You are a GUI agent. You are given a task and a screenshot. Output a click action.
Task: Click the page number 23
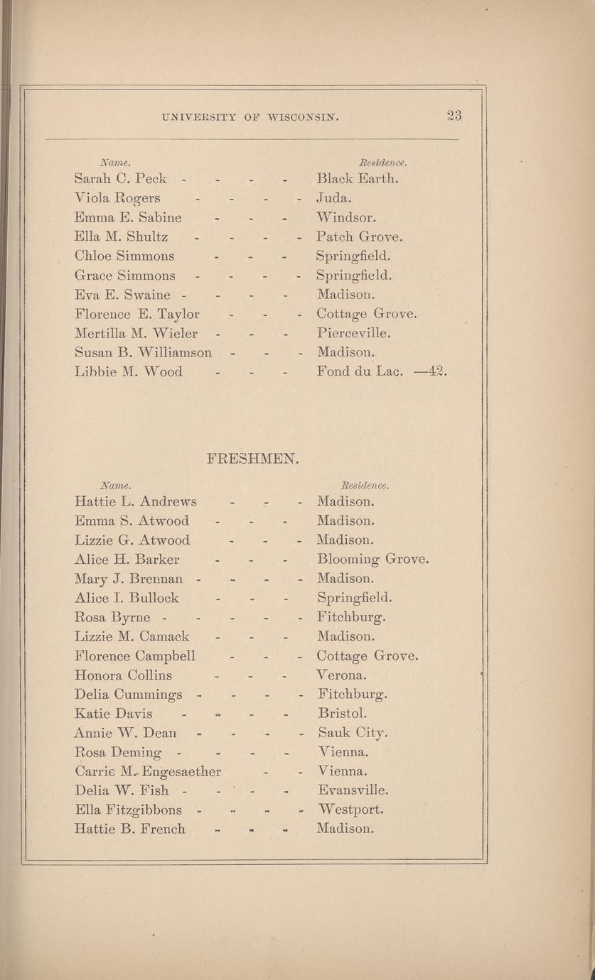pyautogui.click(x=455, y=115)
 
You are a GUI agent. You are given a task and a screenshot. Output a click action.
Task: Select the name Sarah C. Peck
pyautogui.click(x=121, y=178)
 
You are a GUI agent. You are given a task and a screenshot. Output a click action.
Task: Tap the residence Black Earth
pyautogui.click(x=357, y=178)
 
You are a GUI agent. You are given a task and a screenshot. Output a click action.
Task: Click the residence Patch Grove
pyautogui.click(x=360, y=236)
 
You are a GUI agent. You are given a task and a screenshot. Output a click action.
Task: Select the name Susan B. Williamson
pyautogui.click(x=143, y=352)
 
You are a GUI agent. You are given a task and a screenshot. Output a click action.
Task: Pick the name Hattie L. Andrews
pyautogui.click(x=135, y=501)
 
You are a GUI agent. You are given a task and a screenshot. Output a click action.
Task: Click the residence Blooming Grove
pyautogui.click(x=373, y=560)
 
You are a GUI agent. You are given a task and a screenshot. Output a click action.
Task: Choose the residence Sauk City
pyautogui.click(x=353, y=733)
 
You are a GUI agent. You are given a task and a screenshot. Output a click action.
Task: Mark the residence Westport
pyautogui.click(x=350, y=810)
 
